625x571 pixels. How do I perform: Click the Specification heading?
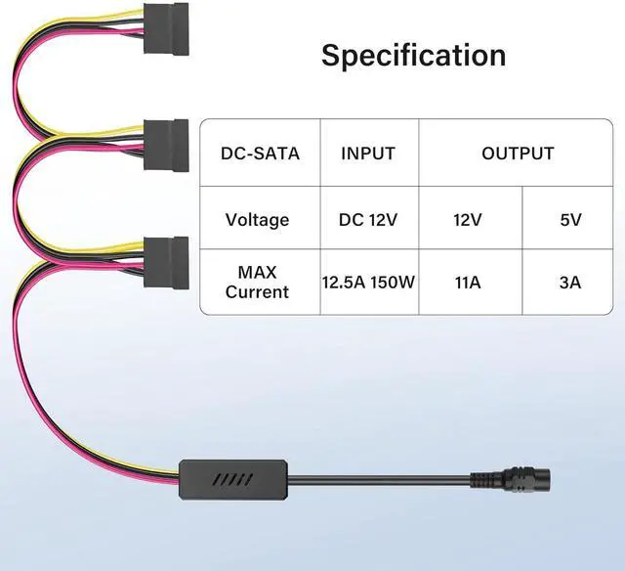[x=414, y=55]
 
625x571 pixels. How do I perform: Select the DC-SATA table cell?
[x=260, y=154]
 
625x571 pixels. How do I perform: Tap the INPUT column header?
[x=368, y=154]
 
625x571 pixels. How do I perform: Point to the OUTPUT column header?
[x=518, y=154]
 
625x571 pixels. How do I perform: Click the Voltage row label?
[x=257, y=219]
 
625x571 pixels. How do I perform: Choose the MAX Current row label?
[x=257, y=282]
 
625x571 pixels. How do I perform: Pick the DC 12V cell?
[x=368, y=219]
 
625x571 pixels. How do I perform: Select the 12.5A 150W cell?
[x=369, y=283]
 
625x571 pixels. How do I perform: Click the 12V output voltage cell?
[x=468, y=219]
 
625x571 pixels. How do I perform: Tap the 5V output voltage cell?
[x=570, y=219]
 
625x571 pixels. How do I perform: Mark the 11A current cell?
[x=468, y=283]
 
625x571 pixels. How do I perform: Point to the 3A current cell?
[x=570, y=283]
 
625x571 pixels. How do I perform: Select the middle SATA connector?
[x=165, y=143]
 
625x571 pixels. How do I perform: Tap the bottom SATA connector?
[x=165, y=259]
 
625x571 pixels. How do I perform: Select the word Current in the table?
[x=257, y=292]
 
